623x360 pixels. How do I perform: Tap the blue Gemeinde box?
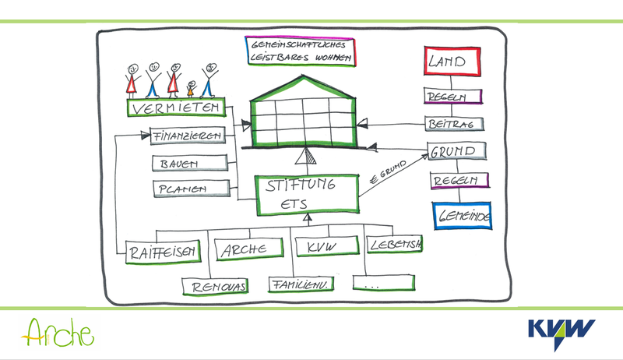pyautogui.click(x=463, y=217)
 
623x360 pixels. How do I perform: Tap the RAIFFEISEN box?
pyautogui.click(x=161, y=250)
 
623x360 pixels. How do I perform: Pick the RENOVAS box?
pyautogui.click(x=214, y=287)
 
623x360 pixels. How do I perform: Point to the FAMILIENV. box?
pyautogui.click(x=302, y=285)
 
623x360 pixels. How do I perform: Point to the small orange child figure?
pyautogui.click(x=190, y=84)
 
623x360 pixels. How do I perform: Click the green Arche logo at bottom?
pyautogui.click(x=58, y=333)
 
